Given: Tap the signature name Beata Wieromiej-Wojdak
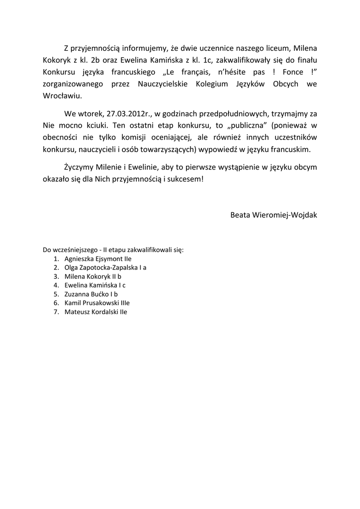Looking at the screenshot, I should point(274,215).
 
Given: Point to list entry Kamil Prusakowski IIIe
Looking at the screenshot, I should point(97,303).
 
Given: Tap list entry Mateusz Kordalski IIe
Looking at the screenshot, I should point(96,312).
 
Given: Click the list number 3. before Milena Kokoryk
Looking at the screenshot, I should point(56,276).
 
